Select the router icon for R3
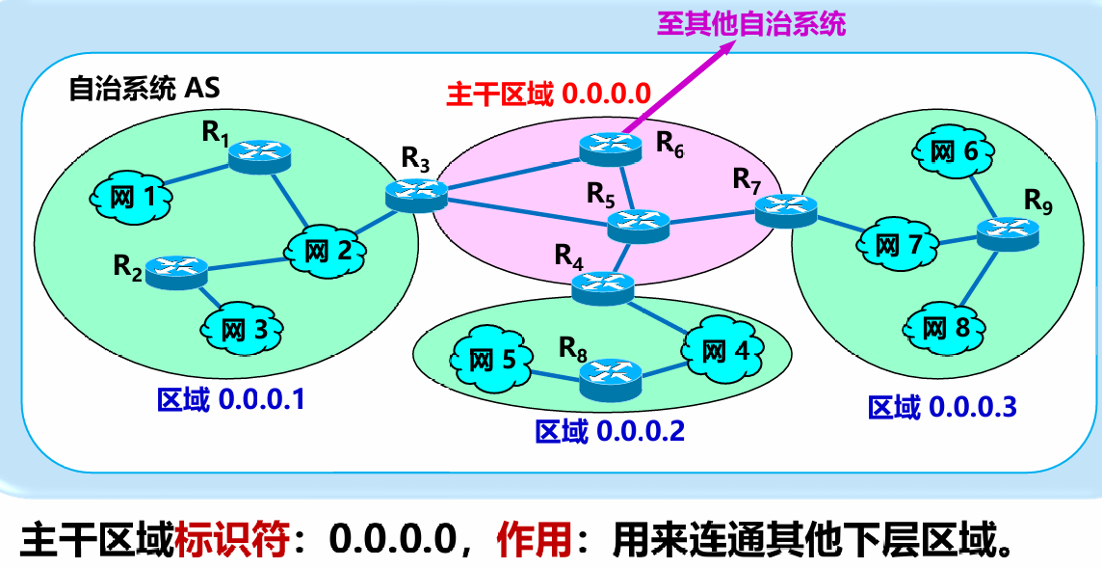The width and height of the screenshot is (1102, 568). click(416, 195)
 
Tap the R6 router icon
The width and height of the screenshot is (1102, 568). click(611, 148)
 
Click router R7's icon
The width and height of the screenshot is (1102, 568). click(786, 210)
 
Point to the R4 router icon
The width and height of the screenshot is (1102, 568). click(603, 286)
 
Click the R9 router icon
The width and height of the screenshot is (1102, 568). click(1008, 232)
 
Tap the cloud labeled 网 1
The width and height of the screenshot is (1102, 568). click(132, 198)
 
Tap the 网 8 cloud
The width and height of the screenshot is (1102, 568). click(947, 328)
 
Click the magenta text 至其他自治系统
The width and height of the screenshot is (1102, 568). click(751, 24)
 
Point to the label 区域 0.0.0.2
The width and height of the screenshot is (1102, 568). click(609, 431)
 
